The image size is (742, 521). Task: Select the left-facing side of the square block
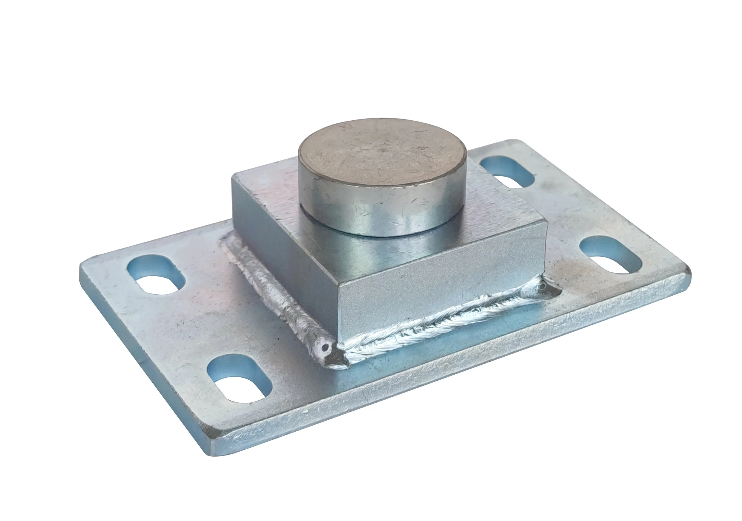[x=284, y=264]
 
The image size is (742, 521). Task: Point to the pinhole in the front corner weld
[x=326, y=348]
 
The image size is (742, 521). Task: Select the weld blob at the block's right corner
[x=544, y=289]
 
